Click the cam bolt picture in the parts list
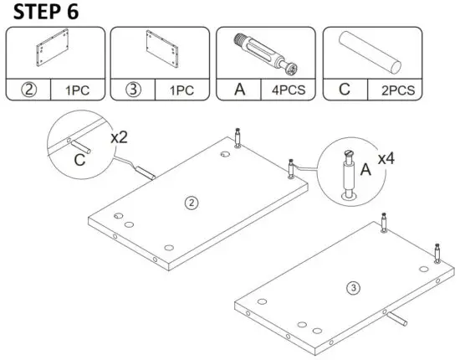(x=266, y=51)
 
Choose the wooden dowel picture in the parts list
(x=371, y=51)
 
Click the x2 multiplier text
(x=120, y=135)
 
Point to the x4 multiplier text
(x=386, y=157)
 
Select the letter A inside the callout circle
(x=365, y=168)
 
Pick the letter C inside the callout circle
(x=79, y=158)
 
